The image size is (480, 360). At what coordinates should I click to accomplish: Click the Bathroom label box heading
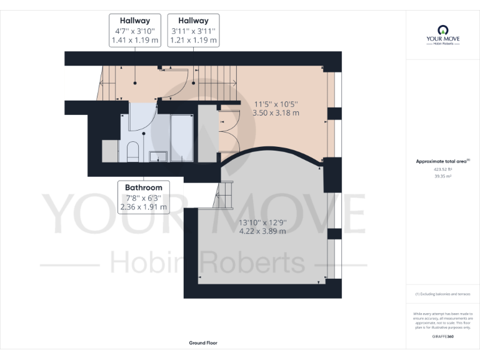coord(143,187)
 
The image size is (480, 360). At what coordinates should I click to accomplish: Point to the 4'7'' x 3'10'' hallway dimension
coord(135,31)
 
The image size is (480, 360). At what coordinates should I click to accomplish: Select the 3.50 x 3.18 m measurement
coord(276,113)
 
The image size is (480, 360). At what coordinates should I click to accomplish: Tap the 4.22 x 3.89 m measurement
coord(262,231)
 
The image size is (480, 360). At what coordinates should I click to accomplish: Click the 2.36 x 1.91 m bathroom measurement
coord(143,207)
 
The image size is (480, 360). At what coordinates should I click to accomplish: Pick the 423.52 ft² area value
coord(442,169)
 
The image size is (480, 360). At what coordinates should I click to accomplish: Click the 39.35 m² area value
coord(442,176)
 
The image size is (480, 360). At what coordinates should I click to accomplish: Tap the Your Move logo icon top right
coord(442,29)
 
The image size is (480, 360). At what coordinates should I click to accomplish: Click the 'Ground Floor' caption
coord(203,342)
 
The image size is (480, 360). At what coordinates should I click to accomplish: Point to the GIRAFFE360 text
coord(442,336)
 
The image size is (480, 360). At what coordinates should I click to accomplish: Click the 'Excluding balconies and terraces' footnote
coord(442,294)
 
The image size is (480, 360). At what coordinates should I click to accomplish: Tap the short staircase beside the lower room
coord(224,196)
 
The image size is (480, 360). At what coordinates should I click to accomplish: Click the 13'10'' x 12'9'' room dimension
coord(262,221)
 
